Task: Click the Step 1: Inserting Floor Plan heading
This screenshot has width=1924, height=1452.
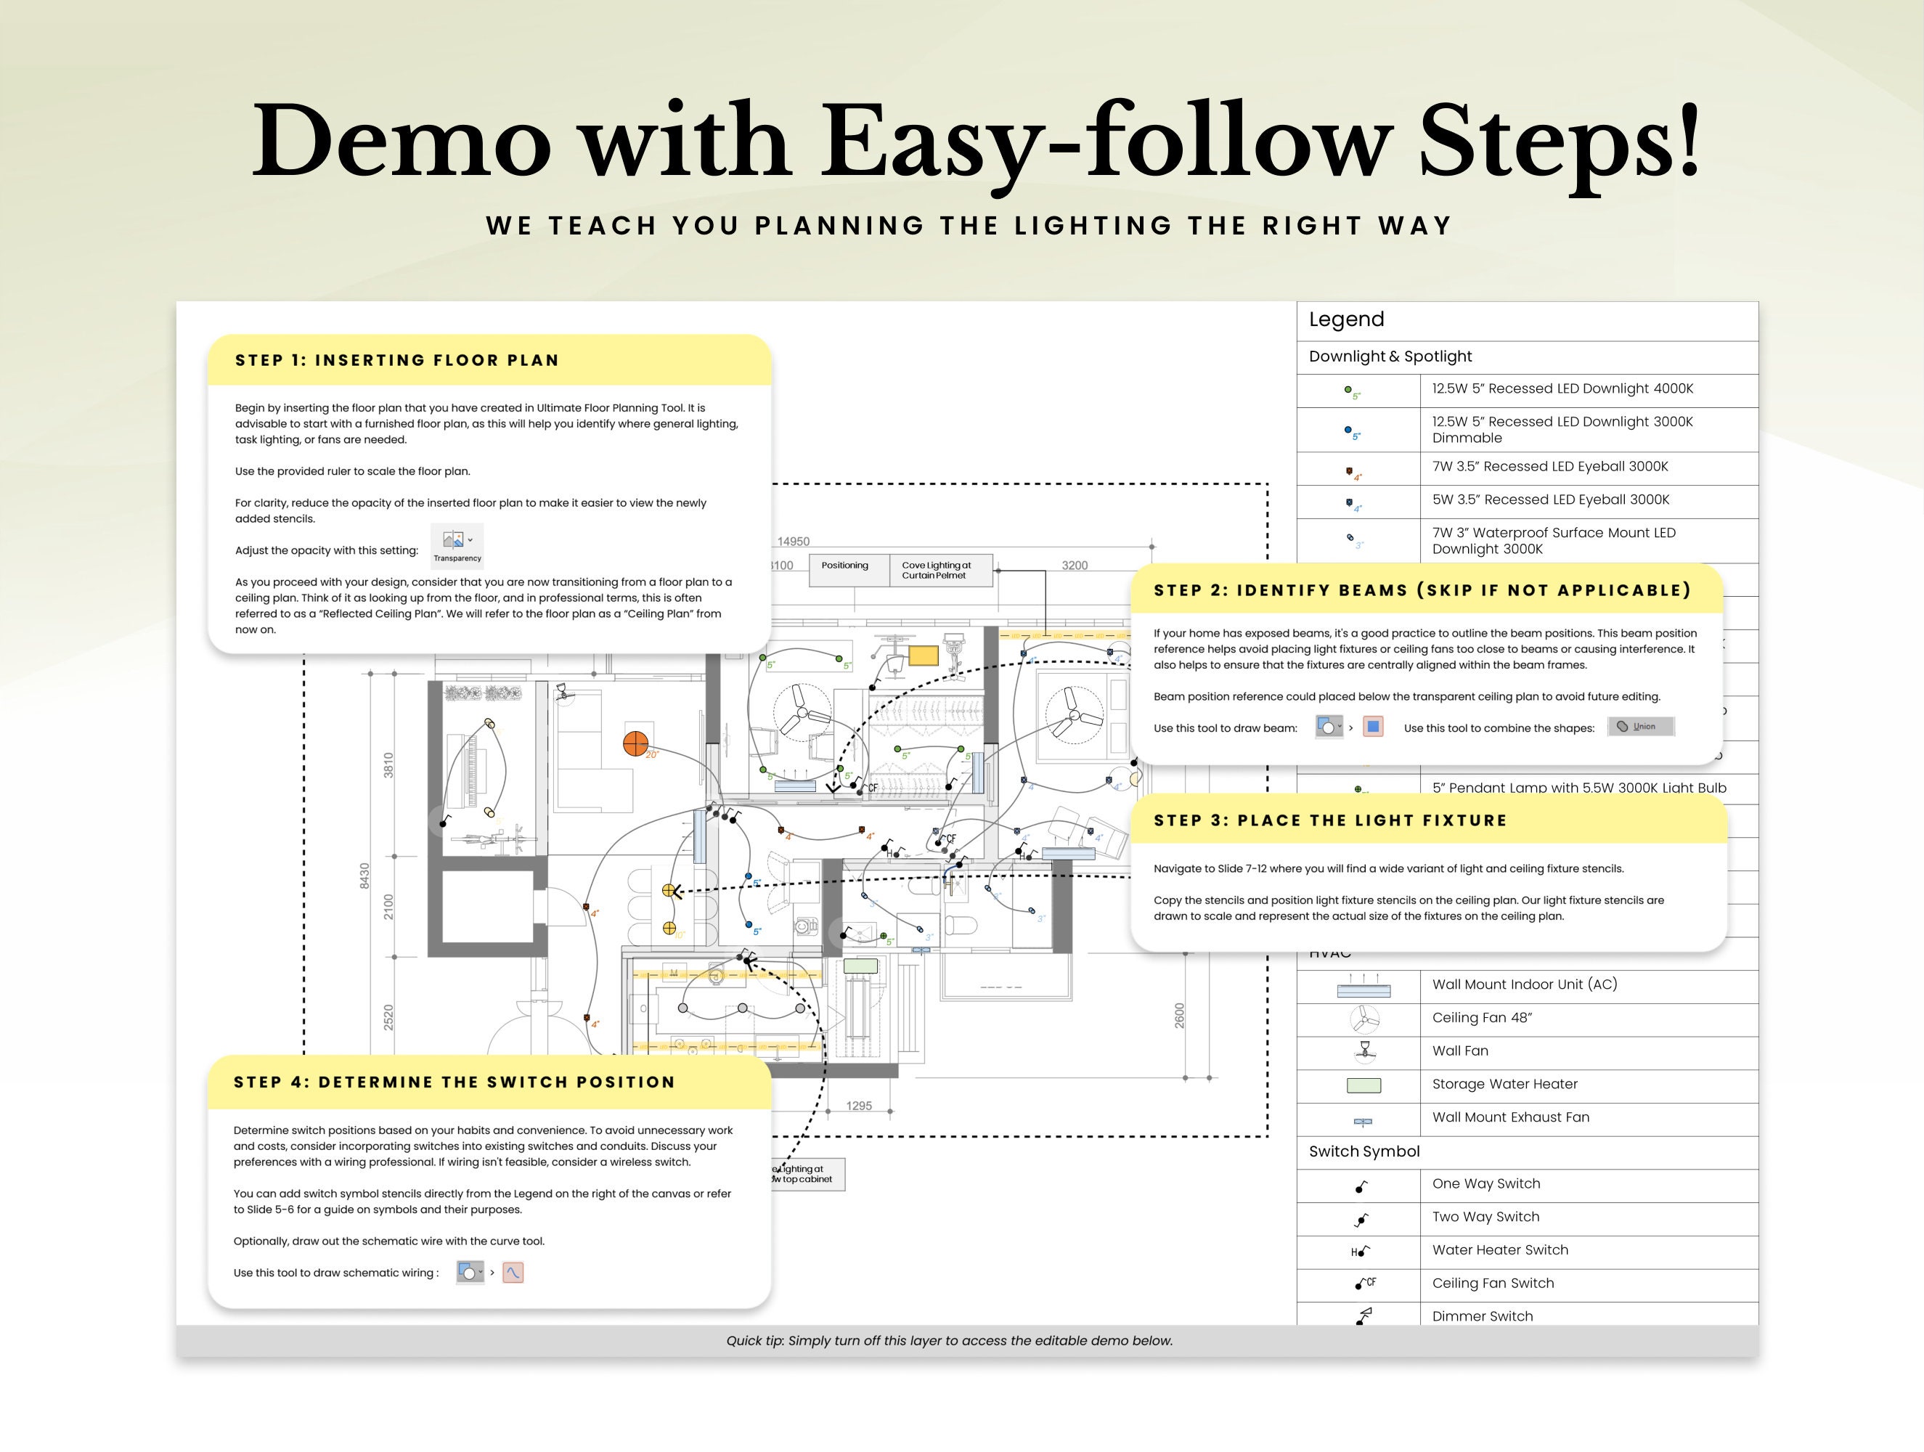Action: (x=396, y=360)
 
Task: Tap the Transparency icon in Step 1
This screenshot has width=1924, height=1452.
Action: (x=457, y=544)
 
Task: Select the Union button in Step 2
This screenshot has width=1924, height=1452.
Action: (x=1640, y=727)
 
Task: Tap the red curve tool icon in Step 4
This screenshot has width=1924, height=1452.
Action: (x=513, y=1273)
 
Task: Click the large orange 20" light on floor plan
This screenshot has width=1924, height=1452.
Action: (x=636, y=744)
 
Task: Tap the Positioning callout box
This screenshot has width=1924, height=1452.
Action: (x=844, y=566)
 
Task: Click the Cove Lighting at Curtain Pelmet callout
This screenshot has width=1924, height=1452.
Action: (x=936, y=570)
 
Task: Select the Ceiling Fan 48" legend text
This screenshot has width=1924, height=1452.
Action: (x=1481, y=1018)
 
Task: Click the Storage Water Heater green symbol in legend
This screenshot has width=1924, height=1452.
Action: (x=1363, y=1085)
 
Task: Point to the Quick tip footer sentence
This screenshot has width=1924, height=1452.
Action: (x=949, y=1341)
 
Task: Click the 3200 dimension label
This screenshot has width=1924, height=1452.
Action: (x=1075, y=566)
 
